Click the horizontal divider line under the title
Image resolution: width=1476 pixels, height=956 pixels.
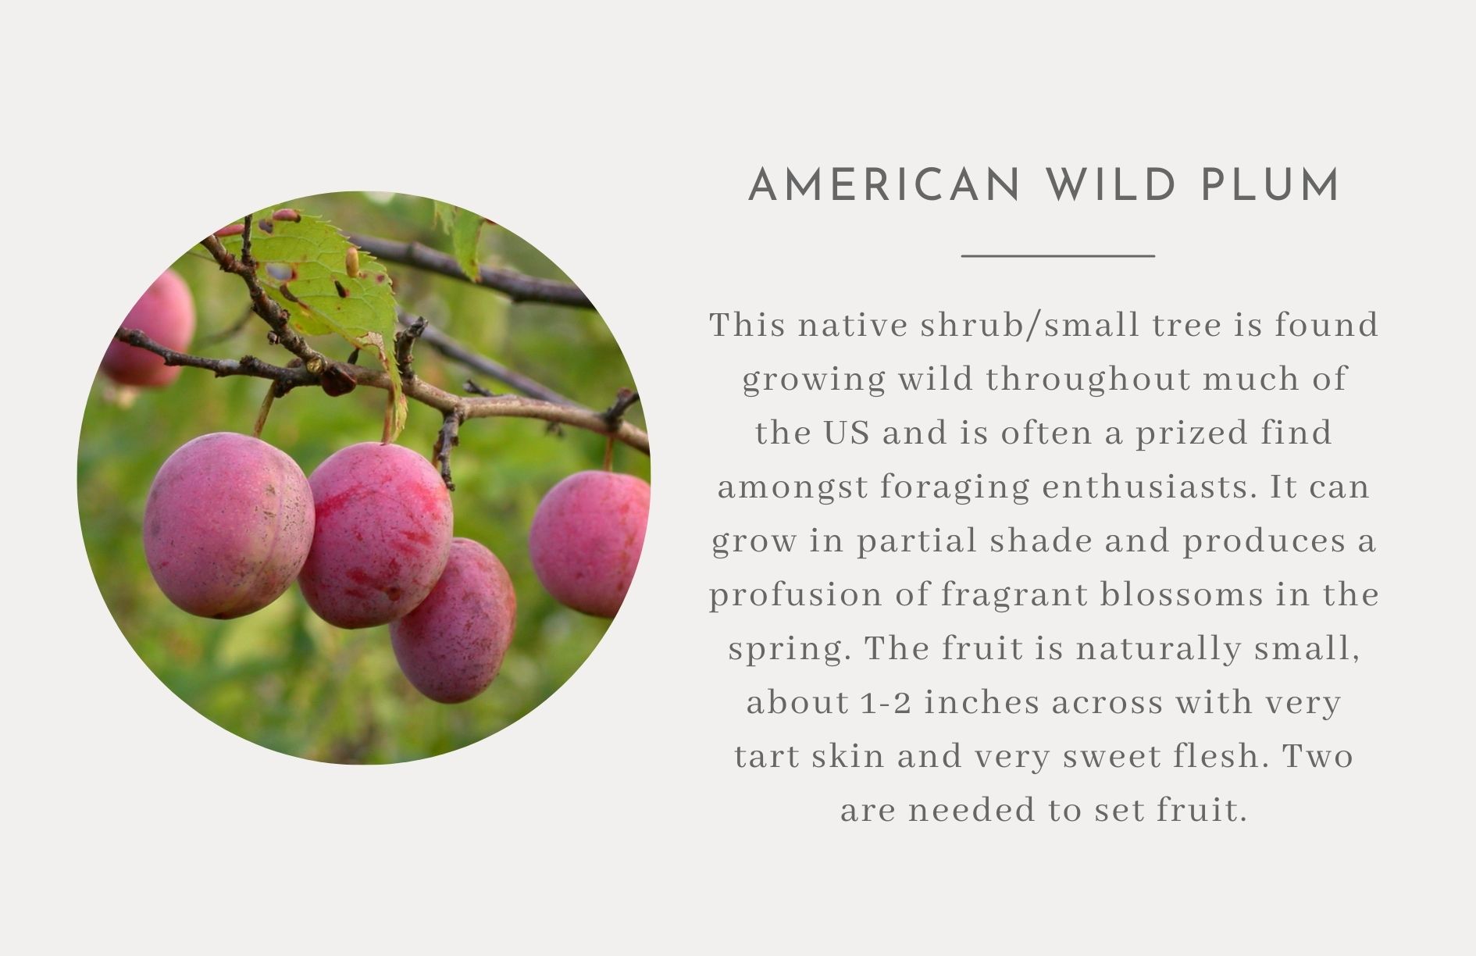(1057, 255)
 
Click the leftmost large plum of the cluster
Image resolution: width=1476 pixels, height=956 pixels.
(229, 526)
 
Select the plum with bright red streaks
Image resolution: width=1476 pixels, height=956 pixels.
(376, 535)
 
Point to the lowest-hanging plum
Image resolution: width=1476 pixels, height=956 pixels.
(454, 621)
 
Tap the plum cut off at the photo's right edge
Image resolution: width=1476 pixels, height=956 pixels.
(589, 544)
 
